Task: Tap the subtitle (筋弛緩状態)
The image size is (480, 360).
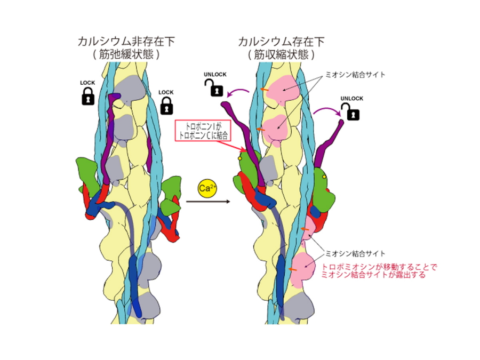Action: (x=126, y=54)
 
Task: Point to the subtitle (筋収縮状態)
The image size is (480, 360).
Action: (x=282, y=54)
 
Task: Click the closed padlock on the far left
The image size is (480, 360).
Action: (x=88, y=97)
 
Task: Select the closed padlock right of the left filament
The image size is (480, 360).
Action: (x=167, y=106)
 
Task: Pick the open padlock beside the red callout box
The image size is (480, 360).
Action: (x=214, y=87)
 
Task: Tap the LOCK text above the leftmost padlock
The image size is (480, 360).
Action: (x=87, y=83)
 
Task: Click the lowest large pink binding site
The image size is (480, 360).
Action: (x=302, y=267)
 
